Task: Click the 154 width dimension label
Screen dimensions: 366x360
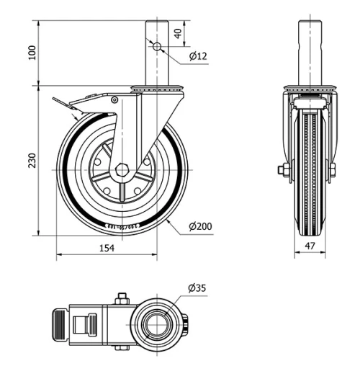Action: [x=106, y=248]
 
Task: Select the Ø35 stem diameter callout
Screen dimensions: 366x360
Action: [x=197, y=288]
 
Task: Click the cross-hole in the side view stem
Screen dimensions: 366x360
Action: [x=157, y=46]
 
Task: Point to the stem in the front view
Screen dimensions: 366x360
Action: [x=311, y=54]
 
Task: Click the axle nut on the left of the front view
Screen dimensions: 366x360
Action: [x=284, y=170]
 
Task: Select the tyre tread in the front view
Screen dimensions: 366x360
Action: [x=311, y=173]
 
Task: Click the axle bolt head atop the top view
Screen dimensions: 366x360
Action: [x=121, y=297]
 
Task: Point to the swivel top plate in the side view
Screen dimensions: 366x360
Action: [x=157, y=89]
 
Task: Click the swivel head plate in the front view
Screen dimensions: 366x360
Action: [x=311, y=89]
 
